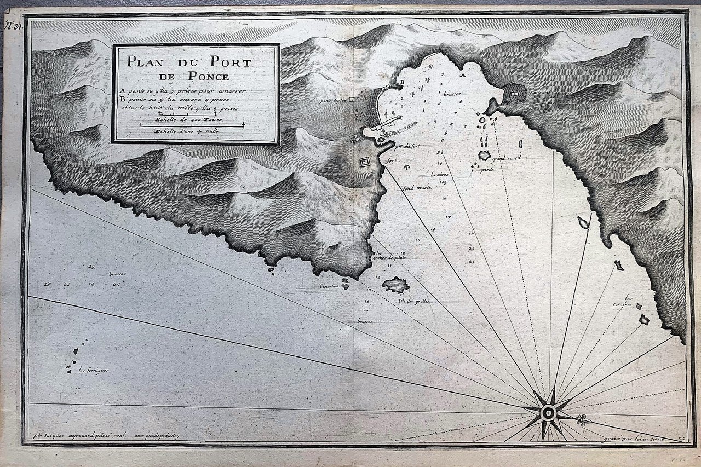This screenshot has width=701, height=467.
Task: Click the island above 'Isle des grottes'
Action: pyautogui.click(x=395, y=285)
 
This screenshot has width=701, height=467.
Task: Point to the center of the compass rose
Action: pyautogui.click(x=548, y=412)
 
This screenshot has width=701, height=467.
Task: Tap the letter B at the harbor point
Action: pyautogui.click(x=402, y=82)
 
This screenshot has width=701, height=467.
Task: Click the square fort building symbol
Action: pyautogui.click(x=365, y=162)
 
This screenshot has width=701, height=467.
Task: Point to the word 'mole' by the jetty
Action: pyautogui.click(x=391, y=125)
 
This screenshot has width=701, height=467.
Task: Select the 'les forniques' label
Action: pyautogui.click(x=93, y=370)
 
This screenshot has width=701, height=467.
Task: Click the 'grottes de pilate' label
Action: pyautogui.click(x=390, y=257)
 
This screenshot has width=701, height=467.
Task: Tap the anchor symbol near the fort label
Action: pyautogui.click(x=407, y=166)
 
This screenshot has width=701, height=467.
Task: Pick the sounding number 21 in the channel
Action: pyautogui.click(x=472, y=261)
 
